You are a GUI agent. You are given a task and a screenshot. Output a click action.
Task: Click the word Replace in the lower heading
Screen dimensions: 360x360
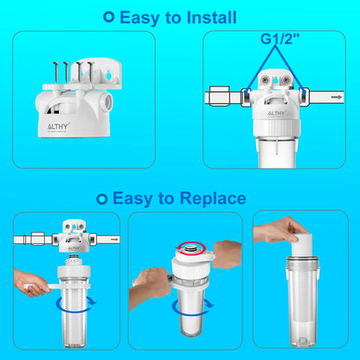(209, 198)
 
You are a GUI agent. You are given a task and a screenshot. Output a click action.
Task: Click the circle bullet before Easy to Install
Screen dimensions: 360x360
(108, 16)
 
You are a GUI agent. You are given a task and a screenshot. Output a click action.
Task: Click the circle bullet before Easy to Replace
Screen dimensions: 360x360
(103, 198)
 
